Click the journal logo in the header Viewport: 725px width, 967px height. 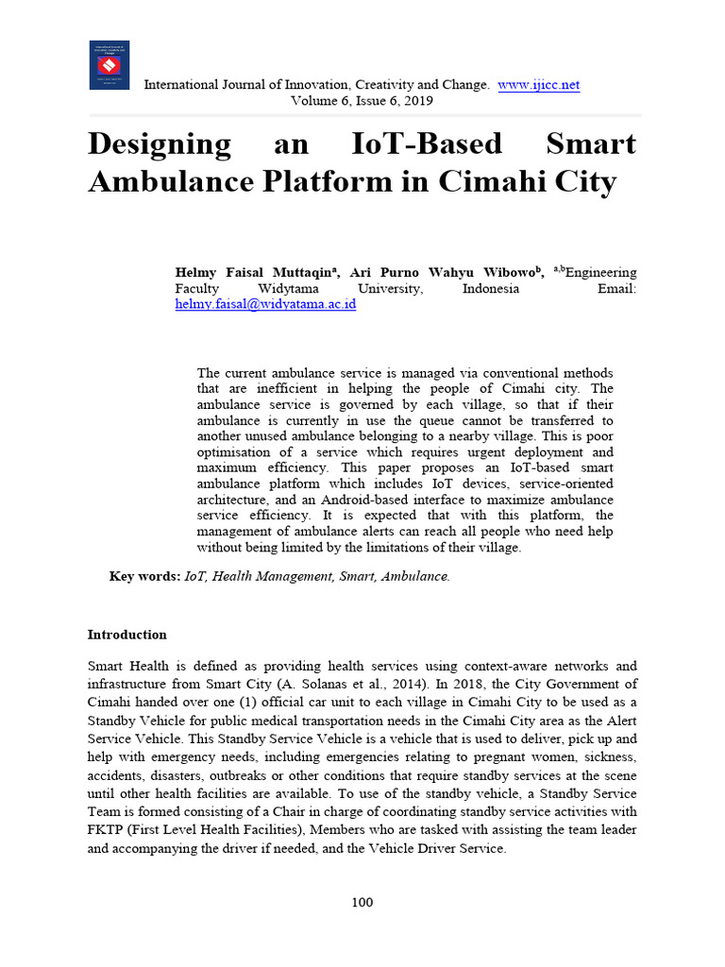tap(110, 65)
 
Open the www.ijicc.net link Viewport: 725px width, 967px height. tap(538, 85)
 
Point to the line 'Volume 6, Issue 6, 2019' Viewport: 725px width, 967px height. tap(362, 100)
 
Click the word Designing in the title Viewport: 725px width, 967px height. tap(160, 144)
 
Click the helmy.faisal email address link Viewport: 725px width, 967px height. tap(265, 305)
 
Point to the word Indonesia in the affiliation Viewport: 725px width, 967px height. tap(490, 289)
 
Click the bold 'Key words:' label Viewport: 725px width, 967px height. tap(144, 576)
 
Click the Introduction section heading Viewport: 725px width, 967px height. tap(126, 635)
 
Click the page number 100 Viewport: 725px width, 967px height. tap(362, 902)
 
